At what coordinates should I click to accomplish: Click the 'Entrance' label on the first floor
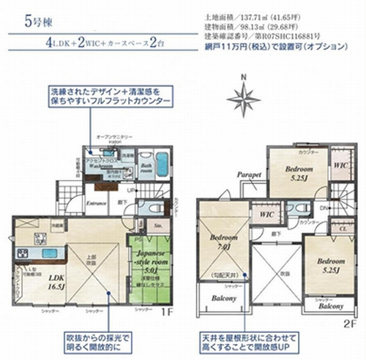tap(96, 203)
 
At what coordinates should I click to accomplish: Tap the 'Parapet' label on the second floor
tap(249, 176)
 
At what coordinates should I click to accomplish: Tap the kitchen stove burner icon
tap(23, 254)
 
